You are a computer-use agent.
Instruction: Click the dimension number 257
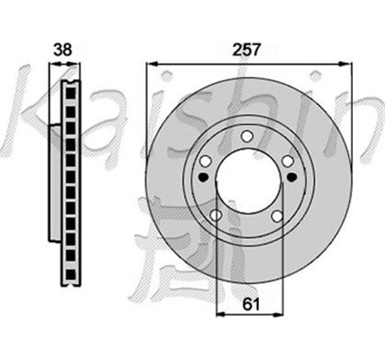tap(247, 49)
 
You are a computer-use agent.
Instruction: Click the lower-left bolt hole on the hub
tap(217, 214)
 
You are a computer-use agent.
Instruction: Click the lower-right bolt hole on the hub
tap(278, 214)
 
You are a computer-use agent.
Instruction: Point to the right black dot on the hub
tap(291, 176)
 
